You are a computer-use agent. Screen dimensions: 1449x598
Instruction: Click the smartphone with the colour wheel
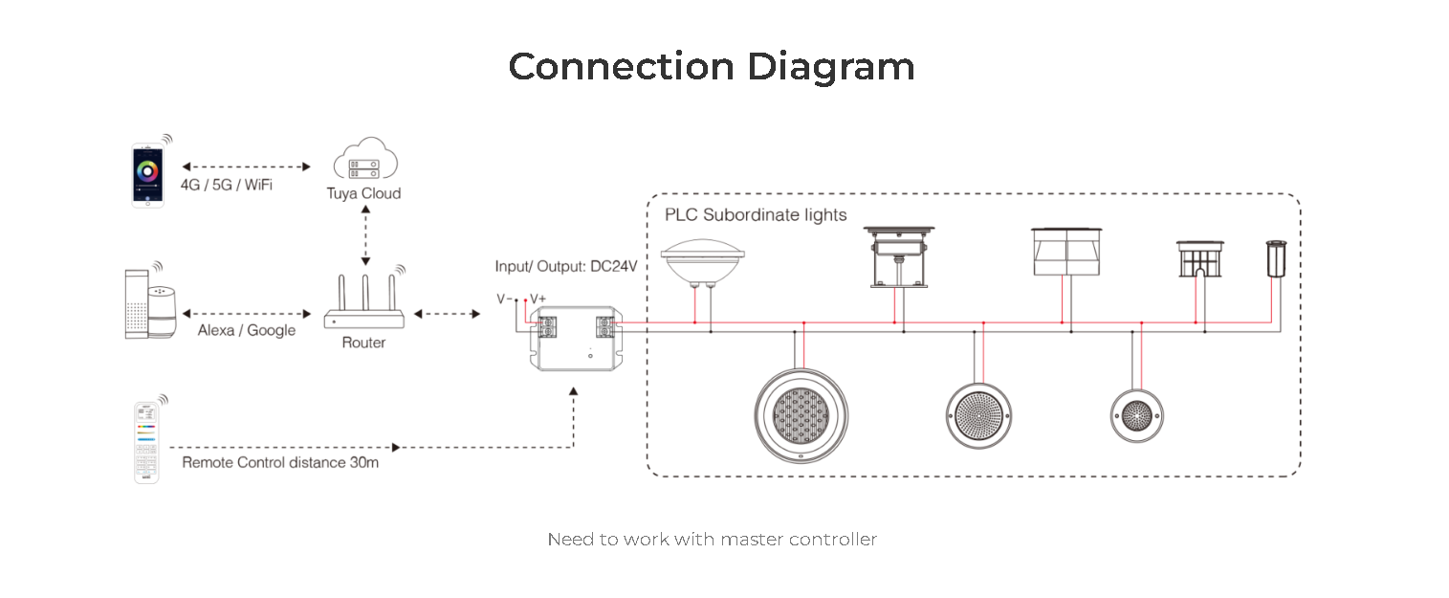[148, 175]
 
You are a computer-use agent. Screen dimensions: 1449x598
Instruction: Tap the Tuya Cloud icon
[365, 158]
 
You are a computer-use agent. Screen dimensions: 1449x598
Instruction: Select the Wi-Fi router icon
[364, 301]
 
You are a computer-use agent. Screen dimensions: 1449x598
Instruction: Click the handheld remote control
[146, 442]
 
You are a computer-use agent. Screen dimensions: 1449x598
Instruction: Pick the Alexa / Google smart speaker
[151, 304]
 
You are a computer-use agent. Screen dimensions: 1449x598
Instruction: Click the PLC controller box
[576, 339]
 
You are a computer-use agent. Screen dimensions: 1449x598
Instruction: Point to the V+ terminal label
[538, 299]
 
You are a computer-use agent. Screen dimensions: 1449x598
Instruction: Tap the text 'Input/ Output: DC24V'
[566, 266]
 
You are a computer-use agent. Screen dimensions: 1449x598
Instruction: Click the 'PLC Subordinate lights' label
[756, 215]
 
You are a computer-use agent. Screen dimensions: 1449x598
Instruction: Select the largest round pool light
[801, 415]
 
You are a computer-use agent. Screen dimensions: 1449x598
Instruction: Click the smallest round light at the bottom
[1136, 415]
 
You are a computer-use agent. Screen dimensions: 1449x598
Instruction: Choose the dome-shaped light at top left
[703, 261]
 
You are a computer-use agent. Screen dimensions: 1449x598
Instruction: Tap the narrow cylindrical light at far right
[1276, 258]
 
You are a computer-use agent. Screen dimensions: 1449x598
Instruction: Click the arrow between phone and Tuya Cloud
[247, 167]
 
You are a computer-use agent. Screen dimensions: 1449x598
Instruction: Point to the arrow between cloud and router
[365, 235]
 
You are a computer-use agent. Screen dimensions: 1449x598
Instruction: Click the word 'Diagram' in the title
[830, 67]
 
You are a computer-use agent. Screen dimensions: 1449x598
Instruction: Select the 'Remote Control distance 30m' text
[280, 463]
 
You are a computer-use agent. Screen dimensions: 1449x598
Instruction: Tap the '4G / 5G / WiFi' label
[227, 185]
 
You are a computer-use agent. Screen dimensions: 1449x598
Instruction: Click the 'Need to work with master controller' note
[713, 539]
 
